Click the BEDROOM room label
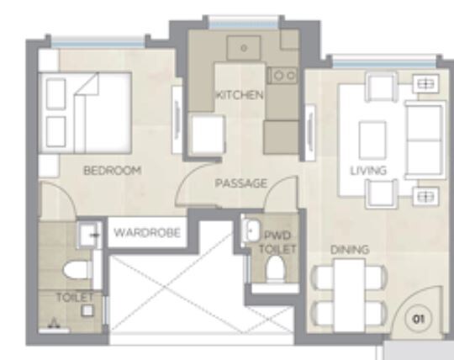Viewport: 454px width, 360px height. tap(112, 170)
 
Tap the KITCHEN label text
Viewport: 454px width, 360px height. tap(239, 95)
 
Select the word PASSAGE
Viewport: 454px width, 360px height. tap(240, 183)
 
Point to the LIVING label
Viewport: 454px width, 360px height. tap(367, 171)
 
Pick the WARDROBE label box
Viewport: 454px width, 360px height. tap(146, 232)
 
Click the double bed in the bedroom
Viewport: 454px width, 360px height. tap(88, 113)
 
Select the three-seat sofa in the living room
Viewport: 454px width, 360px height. tap(424, 139)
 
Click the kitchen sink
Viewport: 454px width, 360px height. tap(244, 49)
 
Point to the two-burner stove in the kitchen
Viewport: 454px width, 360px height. tap(283, 75)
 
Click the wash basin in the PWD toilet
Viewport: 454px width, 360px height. tap(251, 230)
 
